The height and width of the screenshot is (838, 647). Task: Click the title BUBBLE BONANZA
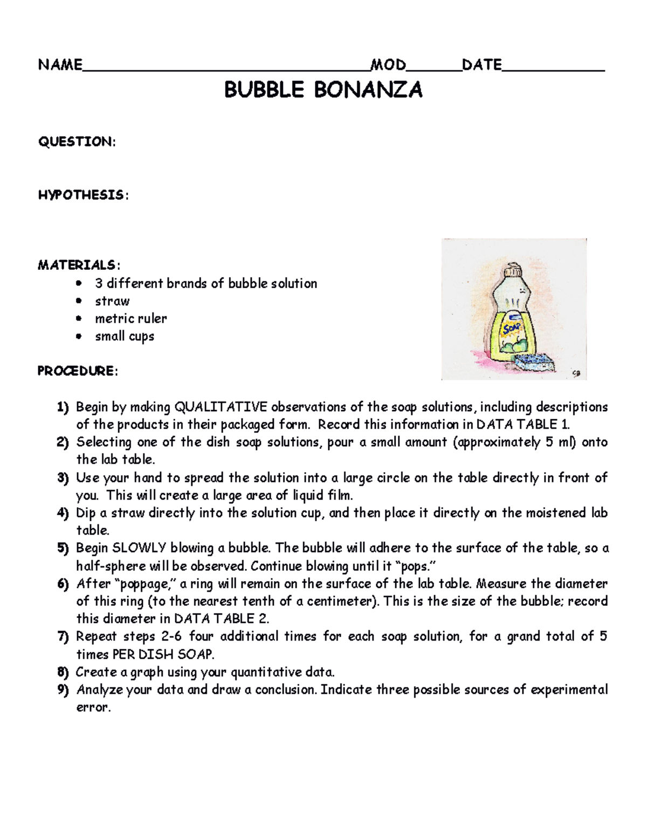pyautogui.click(x=323, y=90)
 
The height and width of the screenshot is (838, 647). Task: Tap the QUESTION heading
pyautogui.click(x=76, y=142)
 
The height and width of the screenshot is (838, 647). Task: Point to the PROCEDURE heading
pyautogui.click(x=77, y=371)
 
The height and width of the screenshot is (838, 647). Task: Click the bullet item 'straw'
pyautogui.click(x=112, y=301)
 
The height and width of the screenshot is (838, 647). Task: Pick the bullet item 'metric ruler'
pyautogui.click(x=131, y=318)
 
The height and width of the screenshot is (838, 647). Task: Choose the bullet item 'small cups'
pyautogui.click(x=125, y=336)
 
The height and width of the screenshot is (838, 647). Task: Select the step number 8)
pyautogui.click(x=64, y=672)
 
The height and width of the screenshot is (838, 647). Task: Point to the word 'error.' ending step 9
pyautogui.click(x=93, y=707)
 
